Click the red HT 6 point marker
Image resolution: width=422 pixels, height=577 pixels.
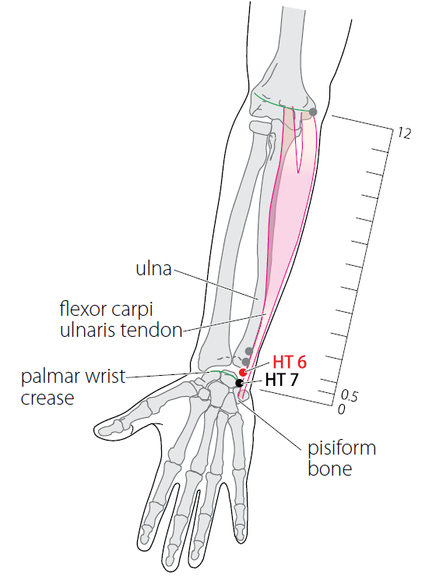tap(243, 372)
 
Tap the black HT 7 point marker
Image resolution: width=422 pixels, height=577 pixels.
tap(239, 383)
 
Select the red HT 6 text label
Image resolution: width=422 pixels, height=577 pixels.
tap(290, 363)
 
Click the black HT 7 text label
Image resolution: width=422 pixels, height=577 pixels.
tap(282, 381)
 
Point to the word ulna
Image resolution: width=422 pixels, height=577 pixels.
tap(153, 269)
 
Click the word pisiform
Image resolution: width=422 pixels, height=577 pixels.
tap(342, 449)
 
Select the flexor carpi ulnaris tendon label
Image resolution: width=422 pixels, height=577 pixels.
tap(121, 320)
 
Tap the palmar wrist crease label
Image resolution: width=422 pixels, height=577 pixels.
tap(73, 387)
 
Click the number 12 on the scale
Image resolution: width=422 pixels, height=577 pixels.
tap(403, 133)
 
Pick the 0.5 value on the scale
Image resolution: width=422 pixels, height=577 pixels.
tap(349, 395)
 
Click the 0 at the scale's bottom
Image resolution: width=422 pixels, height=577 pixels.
tap(342, 409)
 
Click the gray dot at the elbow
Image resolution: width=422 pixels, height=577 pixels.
tap(313, 112)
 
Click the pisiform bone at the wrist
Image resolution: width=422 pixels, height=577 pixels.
tap(244, 395)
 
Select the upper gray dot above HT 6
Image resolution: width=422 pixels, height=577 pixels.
tap(249, 351)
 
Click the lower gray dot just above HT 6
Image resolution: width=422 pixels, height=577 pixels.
tap(246, 361)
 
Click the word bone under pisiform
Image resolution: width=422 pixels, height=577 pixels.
tap(329, 469)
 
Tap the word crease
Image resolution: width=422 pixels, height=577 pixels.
tap(47, 398)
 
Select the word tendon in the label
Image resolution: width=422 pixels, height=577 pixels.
tap(152, 330)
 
